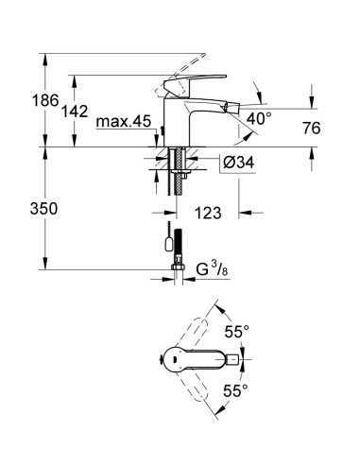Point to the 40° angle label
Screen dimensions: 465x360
pyautogui.click(x=259, y=119)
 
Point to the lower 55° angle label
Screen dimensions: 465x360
pyautogui.click(x=235, y=388)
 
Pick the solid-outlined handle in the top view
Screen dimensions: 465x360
pyautogui.click(x=211, y=360)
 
